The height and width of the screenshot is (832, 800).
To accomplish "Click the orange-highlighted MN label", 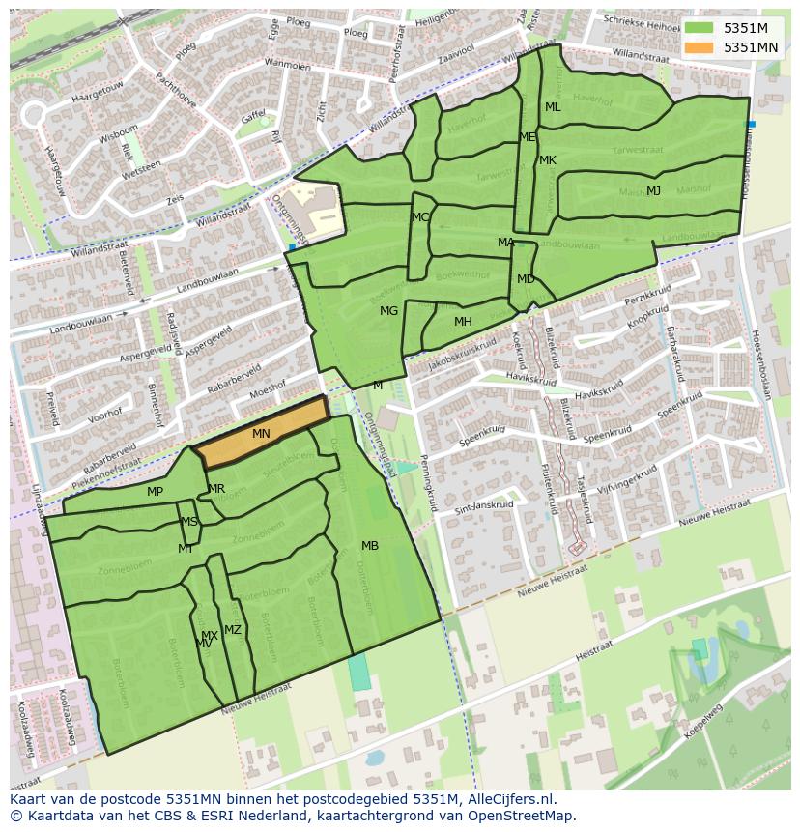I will tap(261, 434).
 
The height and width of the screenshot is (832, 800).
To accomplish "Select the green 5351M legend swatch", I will tap(700, 28).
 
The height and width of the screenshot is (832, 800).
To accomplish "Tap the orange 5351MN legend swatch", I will tap(700, 47).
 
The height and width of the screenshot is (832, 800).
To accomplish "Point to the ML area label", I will tap(553, 107).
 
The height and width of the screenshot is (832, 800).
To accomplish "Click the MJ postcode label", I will tap(654, 190).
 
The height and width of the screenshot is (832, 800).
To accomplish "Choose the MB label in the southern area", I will tap(370, 546).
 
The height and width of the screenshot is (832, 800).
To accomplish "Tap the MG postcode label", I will tap(388, 311).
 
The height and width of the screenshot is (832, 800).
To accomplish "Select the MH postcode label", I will tap(463, 322).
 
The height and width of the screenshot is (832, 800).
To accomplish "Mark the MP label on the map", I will tap(155, 492).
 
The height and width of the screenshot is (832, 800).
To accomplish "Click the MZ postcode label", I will tap(233, 630).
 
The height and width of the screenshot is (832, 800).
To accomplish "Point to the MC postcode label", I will tap(420, 217).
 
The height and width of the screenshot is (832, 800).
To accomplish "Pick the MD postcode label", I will tap(526, 279).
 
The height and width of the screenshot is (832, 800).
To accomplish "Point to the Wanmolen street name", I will tap(287, 66).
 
